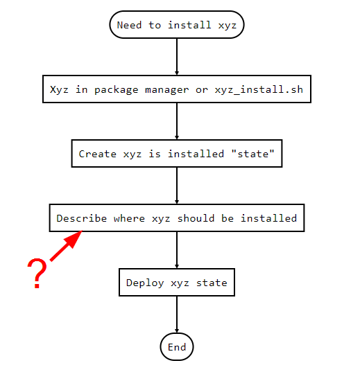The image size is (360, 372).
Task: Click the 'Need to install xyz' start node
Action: click(x=177, y=25)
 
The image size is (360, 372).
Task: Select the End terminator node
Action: click(x=177, y=347)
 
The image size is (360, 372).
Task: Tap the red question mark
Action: click(x=37, y=274)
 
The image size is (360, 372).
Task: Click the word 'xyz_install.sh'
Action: click(x=259, y=89)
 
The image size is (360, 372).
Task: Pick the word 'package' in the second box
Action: click(x=117, y=90)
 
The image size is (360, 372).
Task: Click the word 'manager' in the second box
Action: click(x=166, y=90)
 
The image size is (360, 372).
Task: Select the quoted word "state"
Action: click(x=253, y=154)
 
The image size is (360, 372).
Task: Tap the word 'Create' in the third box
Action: click(x=97, y=154)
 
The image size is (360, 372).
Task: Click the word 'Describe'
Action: click(x=82, y=218)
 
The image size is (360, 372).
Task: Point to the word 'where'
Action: click(x=129, y=218)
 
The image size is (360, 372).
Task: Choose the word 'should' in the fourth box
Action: click(x=196, y=218)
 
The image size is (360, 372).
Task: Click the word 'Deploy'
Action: click(x=145, y=283)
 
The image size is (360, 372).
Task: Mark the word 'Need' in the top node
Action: click(x=129, y=25)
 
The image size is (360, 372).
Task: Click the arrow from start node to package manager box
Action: click(x=177, y=57)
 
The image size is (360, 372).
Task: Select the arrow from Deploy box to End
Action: click(x=177, y=315)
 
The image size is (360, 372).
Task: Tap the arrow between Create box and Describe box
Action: click(x=177, y=186)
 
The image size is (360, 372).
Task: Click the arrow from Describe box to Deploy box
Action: click(x=177, y=250)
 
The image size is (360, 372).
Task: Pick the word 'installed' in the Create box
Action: click(x=196, y=154)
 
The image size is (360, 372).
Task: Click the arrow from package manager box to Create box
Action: click(x=177, y=121)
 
